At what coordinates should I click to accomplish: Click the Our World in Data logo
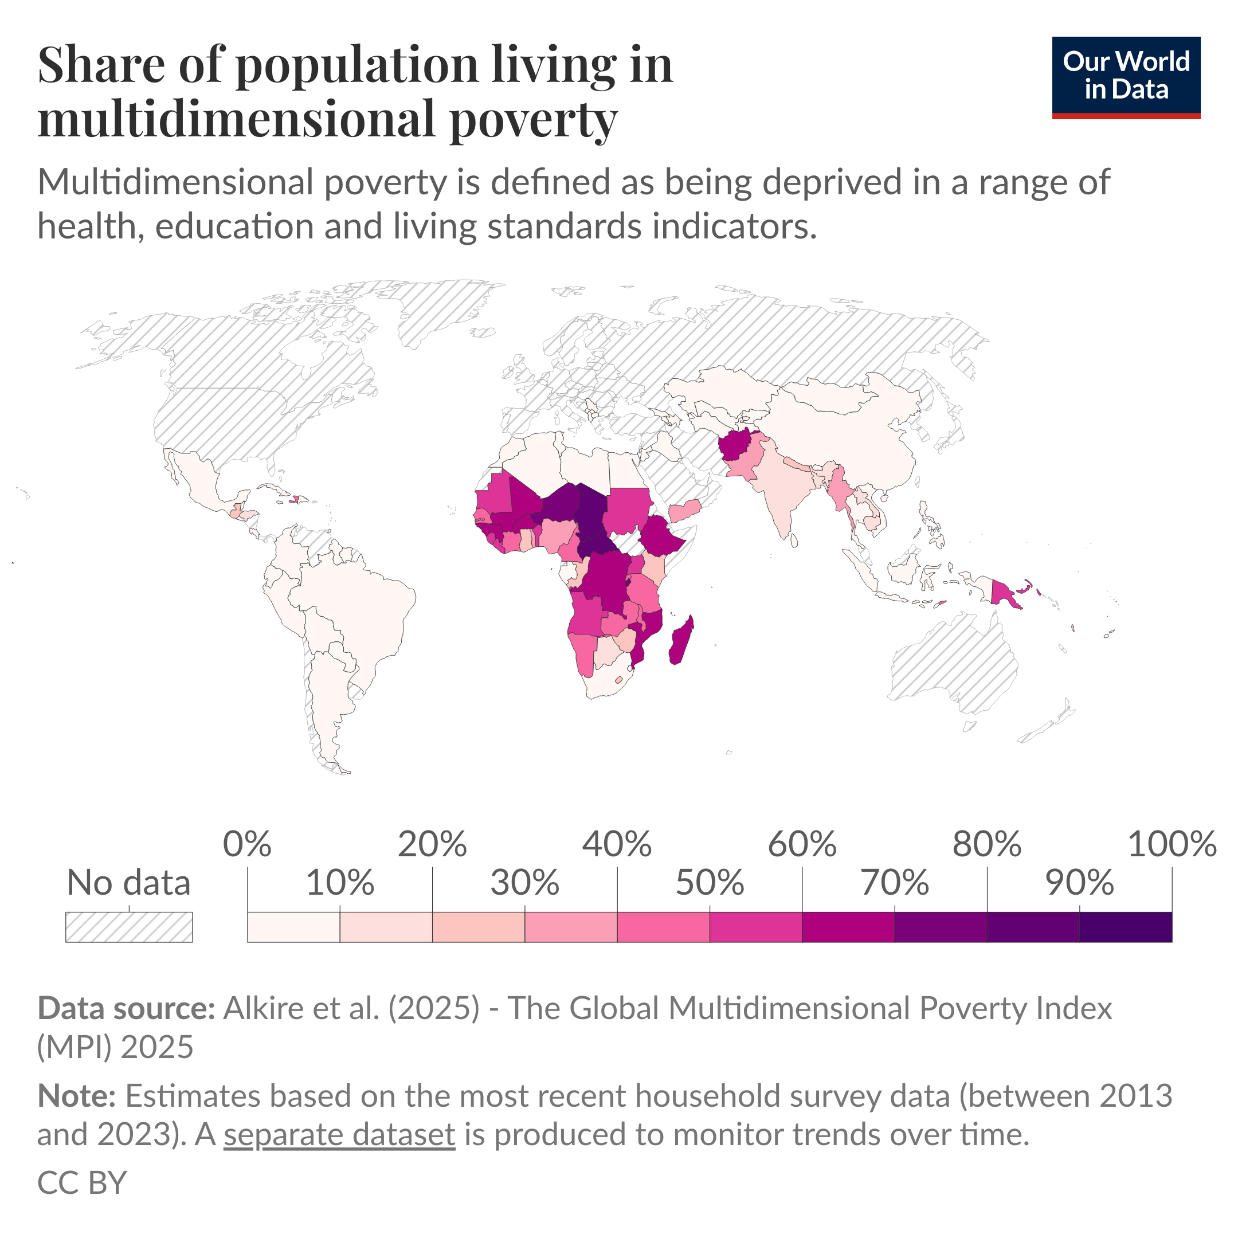(x=1126, y=77)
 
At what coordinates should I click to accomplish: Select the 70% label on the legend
(x=894, y=883)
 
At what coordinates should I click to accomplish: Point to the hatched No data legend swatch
(x=129, y=927)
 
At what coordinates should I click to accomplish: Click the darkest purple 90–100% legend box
(x=1125, y=927)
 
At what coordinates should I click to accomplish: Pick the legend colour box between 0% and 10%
(x=293, y=927)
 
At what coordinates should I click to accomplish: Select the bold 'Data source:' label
(x=126, y=1008)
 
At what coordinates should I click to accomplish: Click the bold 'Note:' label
(x=76, y=1096)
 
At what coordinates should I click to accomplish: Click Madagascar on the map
(x=681, y=641)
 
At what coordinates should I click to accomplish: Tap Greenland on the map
(x=442, y=308)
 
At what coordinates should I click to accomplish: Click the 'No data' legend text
(x=129, y=883)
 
